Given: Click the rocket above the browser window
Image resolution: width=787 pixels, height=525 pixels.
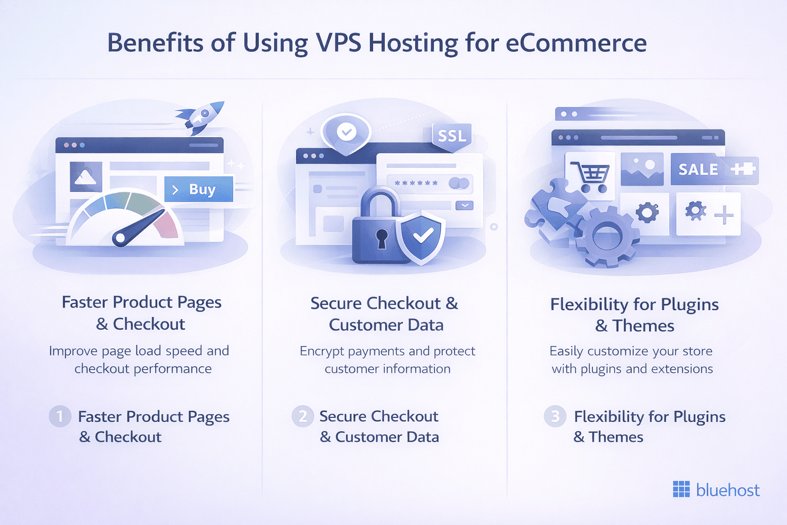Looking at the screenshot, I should tap(202, 116).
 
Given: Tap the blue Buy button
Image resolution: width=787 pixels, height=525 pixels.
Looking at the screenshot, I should tap(199, 189).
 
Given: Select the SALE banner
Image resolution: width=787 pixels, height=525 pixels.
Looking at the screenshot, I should tap(698, 169).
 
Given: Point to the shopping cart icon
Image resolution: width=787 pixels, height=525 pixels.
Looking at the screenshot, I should tap(591, 176).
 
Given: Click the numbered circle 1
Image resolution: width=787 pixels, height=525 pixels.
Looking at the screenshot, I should tap(60, 416).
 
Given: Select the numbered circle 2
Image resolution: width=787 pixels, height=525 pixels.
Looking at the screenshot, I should tap(302, 416).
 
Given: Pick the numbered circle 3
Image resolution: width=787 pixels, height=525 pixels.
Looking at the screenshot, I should tap(555, 416).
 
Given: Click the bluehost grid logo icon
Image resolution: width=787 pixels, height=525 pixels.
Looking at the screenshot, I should tap(681, 490).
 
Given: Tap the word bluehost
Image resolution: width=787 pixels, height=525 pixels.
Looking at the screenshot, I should tap(728, 491).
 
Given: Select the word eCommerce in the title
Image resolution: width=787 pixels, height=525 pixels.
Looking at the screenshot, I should tap(576, 43).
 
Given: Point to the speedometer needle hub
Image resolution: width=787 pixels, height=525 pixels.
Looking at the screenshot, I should tap(120, 238).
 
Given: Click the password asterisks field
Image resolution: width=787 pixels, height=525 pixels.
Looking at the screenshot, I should tap(417, 183).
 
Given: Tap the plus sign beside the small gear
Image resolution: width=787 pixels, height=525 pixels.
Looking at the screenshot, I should tap(723, 215).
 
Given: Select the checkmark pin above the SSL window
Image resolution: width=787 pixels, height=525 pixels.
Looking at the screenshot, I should tap(346, 132).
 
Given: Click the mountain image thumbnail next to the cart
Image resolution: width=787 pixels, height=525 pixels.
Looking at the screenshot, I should tap(641, 169).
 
